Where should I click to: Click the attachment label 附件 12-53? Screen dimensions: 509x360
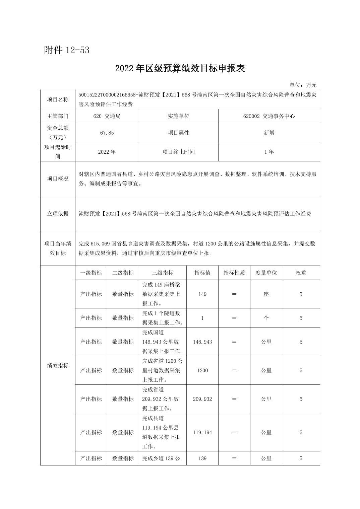click(x=67, y=50)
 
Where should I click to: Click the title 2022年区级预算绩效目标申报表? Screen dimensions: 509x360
click(x=180, y=68)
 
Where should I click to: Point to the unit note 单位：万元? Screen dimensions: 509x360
click(x=303, y=85)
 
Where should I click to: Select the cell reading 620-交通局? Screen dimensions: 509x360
click(x=107, y=116)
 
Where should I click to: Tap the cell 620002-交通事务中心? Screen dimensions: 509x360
click(x=269, y=116)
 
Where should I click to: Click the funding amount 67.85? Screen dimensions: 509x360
click(x=107, y=133)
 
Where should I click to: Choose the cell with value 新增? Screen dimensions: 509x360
click(x=269, y=133)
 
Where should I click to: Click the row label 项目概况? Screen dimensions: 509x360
click(x=58, y=178)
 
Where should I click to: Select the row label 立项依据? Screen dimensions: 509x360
click(x=58, y=213)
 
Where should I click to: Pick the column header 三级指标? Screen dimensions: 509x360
click(x=163, y=273)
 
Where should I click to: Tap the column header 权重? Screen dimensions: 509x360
click(x=301, y=273)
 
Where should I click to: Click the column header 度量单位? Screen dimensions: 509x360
click(x=266, y=273)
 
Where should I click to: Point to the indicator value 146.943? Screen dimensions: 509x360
click(x=202, y=342)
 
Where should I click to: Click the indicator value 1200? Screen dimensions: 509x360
click(x=202, y=370)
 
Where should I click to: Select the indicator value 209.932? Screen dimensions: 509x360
click(x=202, y=399)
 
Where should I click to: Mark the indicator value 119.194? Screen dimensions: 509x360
click(x=202, y=432)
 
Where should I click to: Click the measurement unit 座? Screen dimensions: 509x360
click(x=266, y=294)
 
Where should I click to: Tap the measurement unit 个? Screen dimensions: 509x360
click(x=266, y=318)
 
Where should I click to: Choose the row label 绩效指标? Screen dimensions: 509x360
click(x=58, y=365)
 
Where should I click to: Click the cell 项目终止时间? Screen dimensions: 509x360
click(x=178, y=152)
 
